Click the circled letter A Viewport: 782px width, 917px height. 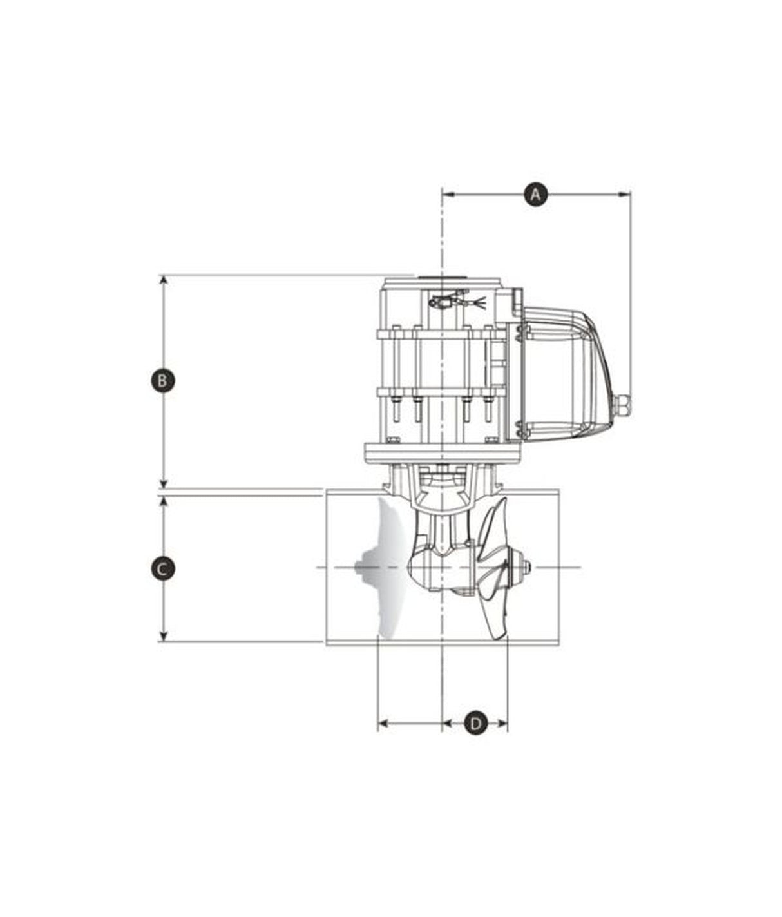(x=535, y=193)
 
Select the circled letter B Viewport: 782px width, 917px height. (x=162, y=380)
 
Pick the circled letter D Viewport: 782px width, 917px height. (x=475, y=723)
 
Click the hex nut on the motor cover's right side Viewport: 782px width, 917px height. (x=623, y=405)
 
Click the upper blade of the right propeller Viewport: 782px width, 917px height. (x=493, y=528)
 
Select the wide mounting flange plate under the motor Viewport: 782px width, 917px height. (x=442, y=452)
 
